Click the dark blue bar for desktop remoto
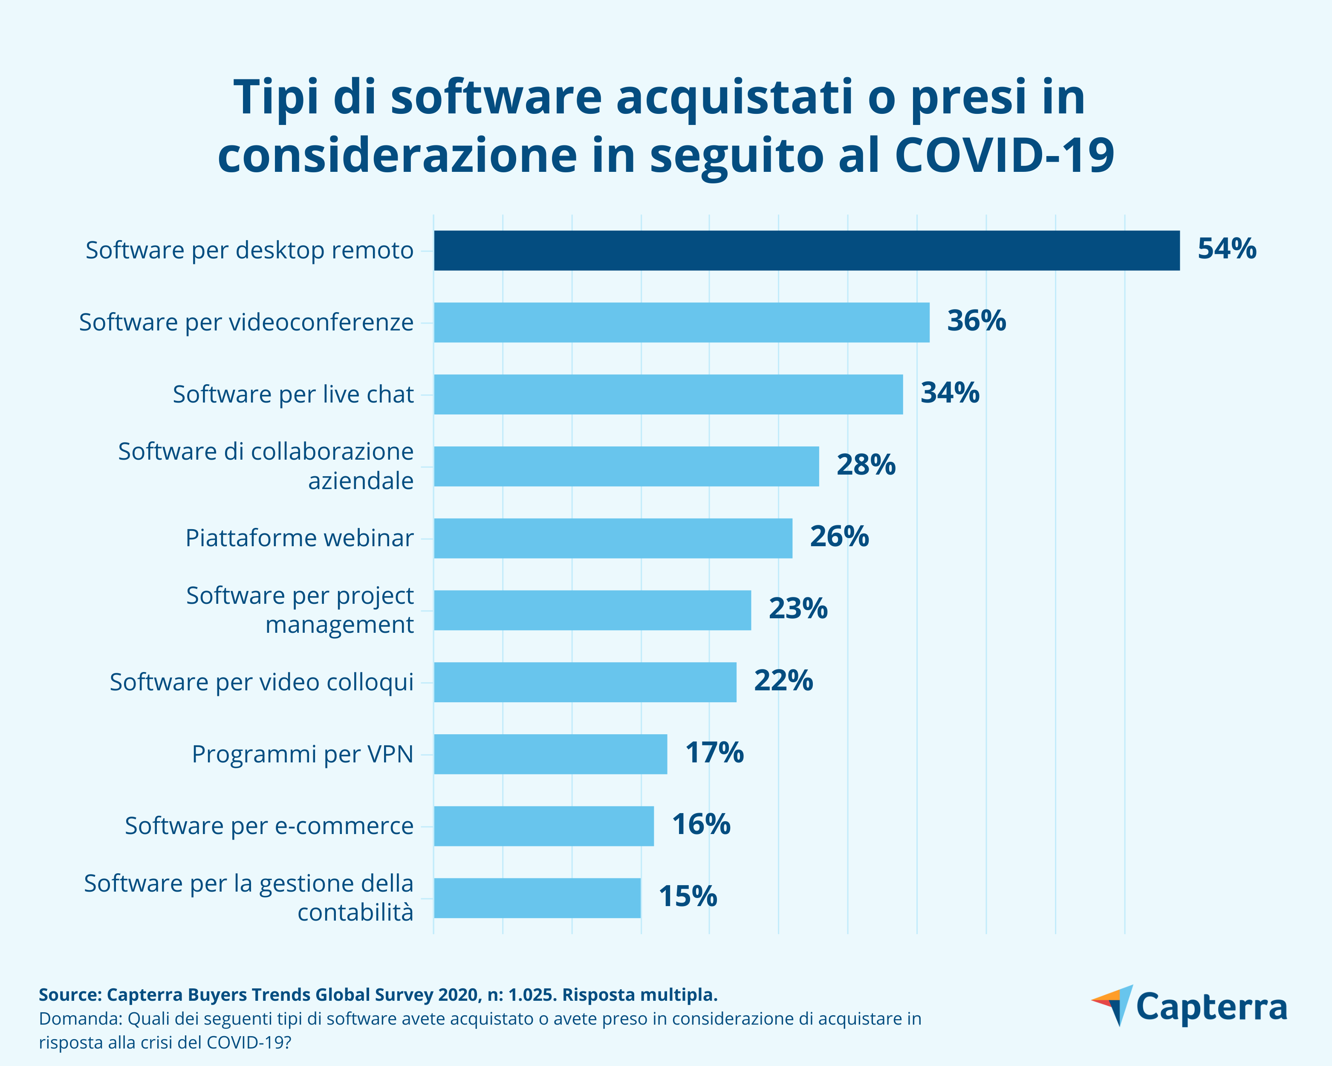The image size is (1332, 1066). pos(806,250)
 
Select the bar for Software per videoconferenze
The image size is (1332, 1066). pos(682,322)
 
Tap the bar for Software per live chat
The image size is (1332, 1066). pos(668,394)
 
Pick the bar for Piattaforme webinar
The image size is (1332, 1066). pos(613,538)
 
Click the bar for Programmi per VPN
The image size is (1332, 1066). pos(550,754)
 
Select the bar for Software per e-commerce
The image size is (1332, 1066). pos(544,826)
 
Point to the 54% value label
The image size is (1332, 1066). pos(1226,249)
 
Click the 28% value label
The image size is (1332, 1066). pos(866,465)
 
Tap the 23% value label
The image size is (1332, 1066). pos(797,609)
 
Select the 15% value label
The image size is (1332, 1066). pos(688,897)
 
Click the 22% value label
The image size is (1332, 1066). pos(783,681)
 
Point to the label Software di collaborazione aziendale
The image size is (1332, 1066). pos(266,466)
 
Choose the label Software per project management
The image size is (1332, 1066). pos(300,610)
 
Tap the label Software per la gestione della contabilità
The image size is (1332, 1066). pos(248,898)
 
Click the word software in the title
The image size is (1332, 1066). pos(496,97)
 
